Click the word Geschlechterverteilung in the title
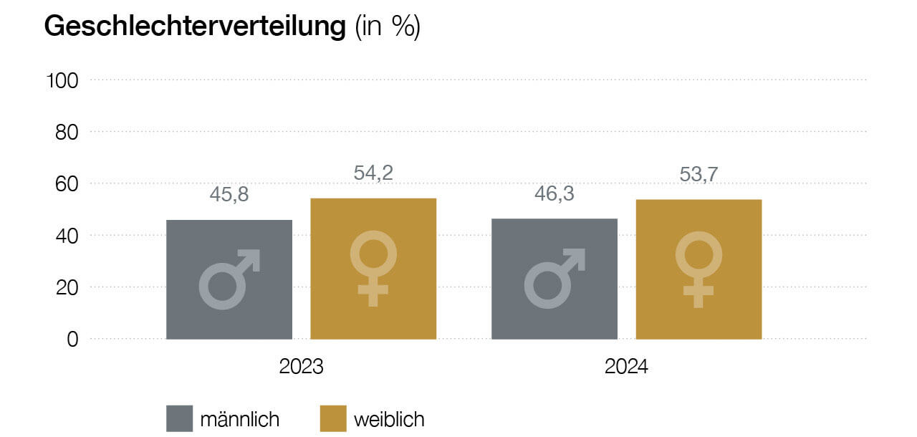195,27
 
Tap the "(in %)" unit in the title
388,27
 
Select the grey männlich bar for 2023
229,279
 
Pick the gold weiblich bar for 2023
373,269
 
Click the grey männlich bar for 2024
554,279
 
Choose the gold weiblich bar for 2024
698,269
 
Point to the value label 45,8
229,194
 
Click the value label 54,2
373,173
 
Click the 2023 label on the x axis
301,367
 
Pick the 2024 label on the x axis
626,367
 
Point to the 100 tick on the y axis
62,80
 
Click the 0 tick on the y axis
72,339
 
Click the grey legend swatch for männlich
180,418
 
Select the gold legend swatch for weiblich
333,418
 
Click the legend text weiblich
389,418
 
